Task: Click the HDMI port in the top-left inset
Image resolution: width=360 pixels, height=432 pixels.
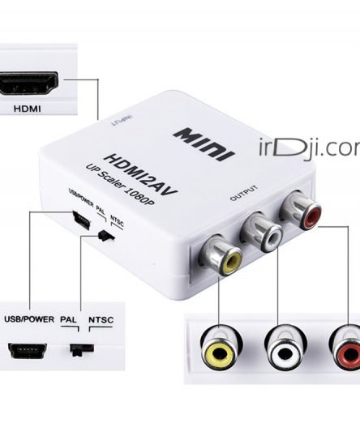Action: click(28, 83)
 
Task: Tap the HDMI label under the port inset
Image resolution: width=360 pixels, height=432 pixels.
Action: click(28, 109)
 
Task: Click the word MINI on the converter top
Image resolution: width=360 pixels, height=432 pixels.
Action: click(204, 144)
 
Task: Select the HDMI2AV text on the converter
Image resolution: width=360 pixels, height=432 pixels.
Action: click(140, 174)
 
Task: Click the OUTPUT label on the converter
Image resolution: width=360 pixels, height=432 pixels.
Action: click(244, 193)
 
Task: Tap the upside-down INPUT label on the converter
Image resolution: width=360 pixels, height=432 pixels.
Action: click(121, 121)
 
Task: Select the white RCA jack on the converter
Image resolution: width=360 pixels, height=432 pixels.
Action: click(262, 231)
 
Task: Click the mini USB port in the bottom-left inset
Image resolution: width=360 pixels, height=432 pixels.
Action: click(28, 351)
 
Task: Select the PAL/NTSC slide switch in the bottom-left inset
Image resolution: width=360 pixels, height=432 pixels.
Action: click(82, 349)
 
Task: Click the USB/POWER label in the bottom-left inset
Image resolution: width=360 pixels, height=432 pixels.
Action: click(29, 319)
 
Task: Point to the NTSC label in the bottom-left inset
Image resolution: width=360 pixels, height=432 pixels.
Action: click(101, 320)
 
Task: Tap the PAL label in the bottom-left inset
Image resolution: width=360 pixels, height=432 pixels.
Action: click(68, 319)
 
